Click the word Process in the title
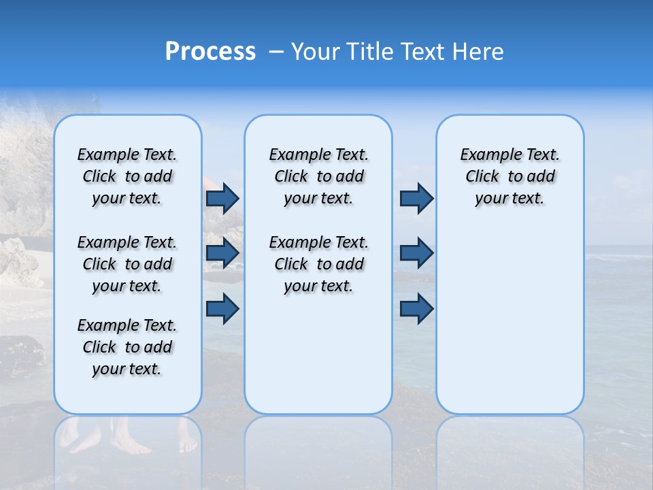210,52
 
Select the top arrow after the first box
222,199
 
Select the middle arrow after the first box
222,253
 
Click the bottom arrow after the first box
222,309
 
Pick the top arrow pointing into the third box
416,199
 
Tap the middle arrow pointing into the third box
416,253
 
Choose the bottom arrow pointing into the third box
416,309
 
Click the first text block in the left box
127,176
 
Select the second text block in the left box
127,264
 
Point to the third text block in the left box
127,347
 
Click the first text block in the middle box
318,176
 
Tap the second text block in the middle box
318,264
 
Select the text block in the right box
509,176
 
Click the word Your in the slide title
315,52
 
